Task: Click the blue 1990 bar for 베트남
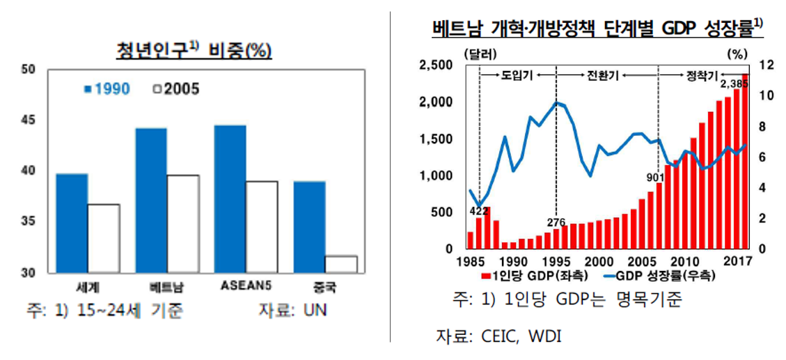tap(152, 200)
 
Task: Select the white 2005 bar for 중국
tap(341, 264)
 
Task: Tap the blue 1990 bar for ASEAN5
tap(230, 198)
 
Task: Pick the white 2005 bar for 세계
tap(104, 237)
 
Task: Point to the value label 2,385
tap(734, 84)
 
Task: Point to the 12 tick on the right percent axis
tap(765, 65)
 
